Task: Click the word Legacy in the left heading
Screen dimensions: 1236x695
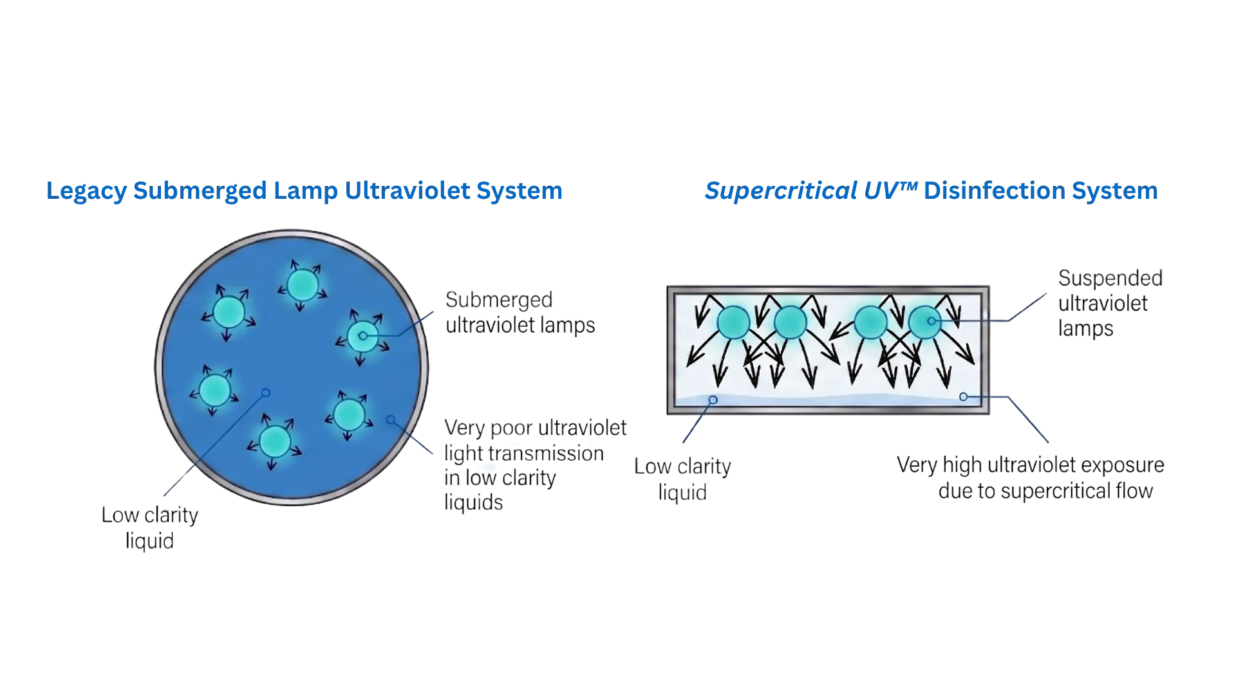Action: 86,191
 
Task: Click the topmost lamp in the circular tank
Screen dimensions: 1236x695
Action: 303,285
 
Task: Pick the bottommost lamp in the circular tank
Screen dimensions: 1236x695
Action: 275,441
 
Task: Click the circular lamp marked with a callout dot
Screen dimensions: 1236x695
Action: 362,336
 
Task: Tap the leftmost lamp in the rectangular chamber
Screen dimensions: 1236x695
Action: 733,322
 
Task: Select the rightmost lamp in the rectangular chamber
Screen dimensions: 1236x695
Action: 924,322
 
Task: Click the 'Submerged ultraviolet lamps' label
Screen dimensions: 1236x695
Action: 520,312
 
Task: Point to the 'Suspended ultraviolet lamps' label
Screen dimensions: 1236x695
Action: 1110,303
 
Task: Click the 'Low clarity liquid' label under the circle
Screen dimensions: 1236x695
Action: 150,528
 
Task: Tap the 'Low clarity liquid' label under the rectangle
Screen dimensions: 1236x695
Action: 682,479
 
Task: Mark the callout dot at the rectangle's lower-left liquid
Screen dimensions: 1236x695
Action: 713,400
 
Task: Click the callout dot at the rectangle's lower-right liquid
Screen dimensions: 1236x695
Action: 964,397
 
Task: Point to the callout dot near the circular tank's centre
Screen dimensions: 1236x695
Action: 266,393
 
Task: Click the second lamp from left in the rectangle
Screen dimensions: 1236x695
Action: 791,322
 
